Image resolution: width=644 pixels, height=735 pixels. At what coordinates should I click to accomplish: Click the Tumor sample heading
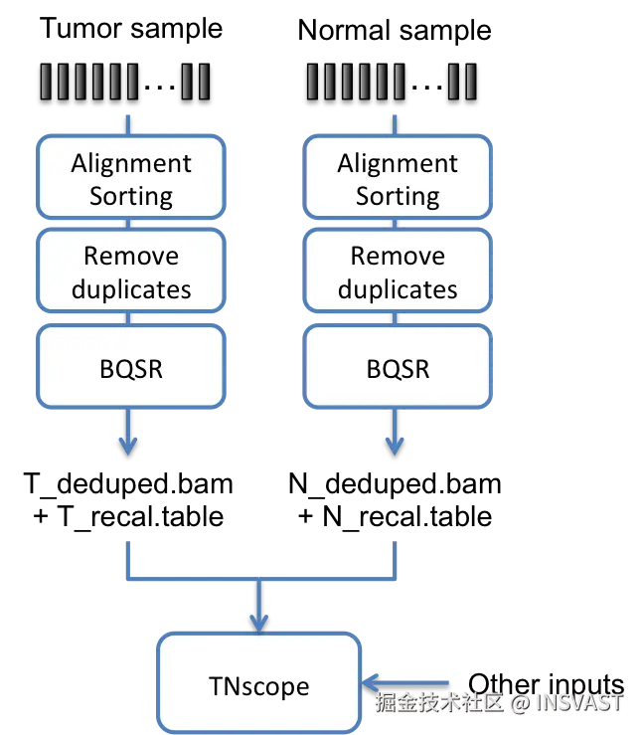tap(131, 29)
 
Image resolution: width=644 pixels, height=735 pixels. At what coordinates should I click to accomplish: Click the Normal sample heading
tap(395, 31)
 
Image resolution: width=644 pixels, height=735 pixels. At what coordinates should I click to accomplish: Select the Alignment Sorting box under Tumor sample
tap(131, 177)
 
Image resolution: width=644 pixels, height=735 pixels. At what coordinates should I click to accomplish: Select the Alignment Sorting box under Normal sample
tap(398, 177)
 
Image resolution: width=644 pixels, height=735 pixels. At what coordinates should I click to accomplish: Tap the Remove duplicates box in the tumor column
tap(131, 271)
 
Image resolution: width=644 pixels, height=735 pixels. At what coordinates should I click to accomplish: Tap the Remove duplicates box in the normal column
tap(398, 271)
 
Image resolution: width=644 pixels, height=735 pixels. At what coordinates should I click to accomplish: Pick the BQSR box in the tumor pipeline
tap(131, 366)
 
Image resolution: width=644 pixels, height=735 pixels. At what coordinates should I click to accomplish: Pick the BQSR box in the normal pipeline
tap(398, 366)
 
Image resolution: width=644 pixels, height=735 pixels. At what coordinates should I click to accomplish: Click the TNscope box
tap(259, 683)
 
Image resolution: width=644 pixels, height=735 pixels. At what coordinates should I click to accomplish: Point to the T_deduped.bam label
tap(128, 484)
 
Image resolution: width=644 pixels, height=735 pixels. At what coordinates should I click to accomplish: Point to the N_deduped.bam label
tap(395, 484)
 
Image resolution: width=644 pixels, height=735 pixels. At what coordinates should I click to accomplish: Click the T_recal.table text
tap(140, 517)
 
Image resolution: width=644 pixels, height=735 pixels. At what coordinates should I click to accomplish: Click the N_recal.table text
tap(407, 517)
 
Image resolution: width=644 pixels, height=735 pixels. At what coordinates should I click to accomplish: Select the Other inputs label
tap(547, 685)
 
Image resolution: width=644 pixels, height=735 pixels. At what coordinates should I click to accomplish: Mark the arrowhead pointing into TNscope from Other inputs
tap(371, 683)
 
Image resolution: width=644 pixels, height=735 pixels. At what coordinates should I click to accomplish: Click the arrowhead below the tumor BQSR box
tap(128, 446)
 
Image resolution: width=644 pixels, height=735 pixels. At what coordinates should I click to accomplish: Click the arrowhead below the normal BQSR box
tap(395, 446)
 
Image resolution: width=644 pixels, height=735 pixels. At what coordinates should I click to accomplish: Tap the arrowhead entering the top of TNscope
tap(259, 624)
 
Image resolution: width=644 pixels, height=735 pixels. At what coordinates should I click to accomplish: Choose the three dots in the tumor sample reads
tap(160, 87)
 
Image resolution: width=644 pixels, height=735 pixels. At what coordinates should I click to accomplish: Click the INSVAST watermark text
tap(579, 702)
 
